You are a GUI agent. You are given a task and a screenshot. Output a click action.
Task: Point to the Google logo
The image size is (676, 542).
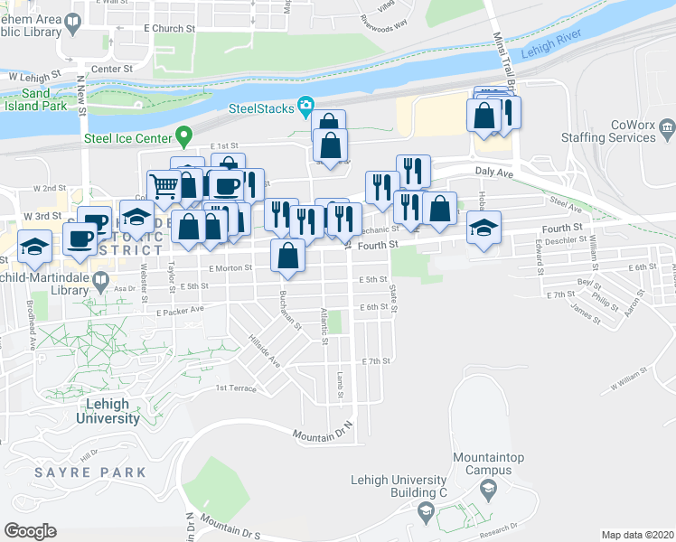click(30, 531)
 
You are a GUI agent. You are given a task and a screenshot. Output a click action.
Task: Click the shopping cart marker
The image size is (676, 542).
click(164, 186)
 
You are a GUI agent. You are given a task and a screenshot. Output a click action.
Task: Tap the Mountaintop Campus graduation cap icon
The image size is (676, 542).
click(489, 489)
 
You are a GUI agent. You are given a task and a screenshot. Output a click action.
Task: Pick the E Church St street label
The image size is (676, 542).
click(170, 29)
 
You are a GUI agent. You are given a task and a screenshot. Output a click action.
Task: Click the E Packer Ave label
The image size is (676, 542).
click(180, 311)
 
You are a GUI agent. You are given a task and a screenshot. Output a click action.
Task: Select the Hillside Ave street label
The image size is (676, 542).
click(265, 352)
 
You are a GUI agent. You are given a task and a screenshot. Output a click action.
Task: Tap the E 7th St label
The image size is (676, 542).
click(375, 361)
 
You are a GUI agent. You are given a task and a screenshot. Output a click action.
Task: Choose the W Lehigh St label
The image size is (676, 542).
click(35, 78)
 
